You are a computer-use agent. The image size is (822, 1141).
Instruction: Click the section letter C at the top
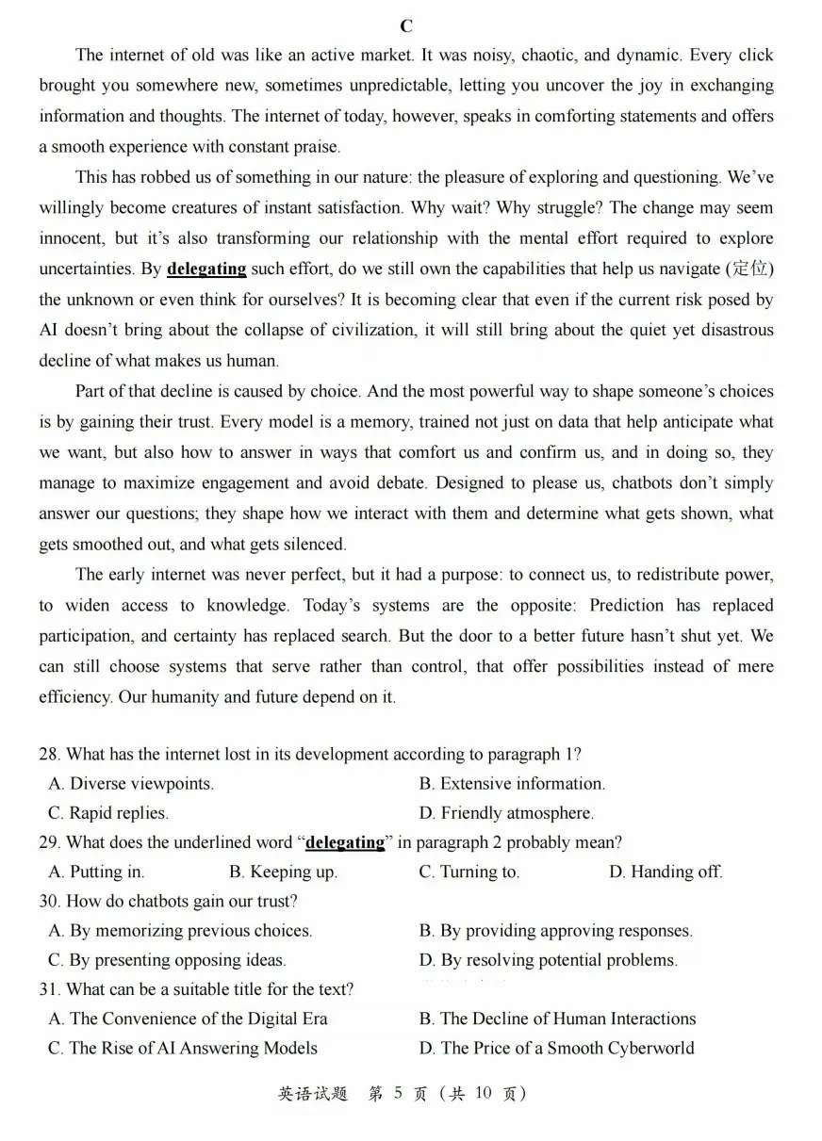[x=406, y=26]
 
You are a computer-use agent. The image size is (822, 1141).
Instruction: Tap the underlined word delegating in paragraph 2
[x=206, y=269]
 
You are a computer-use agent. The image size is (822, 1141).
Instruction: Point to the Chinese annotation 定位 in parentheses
[x=749, y=269]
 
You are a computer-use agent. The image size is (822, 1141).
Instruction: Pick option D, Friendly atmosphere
[x=507, y=813]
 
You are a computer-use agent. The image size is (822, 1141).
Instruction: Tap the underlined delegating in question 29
[x=345, y=842]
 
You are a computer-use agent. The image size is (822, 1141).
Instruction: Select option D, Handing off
[x=666, y=872]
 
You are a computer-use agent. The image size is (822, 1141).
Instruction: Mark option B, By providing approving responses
[x=556, y=931]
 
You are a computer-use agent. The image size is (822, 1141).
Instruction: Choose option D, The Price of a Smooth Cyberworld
[x=557, y=1049]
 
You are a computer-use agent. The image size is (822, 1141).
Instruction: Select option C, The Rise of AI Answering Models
[x=184, y=1049]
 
